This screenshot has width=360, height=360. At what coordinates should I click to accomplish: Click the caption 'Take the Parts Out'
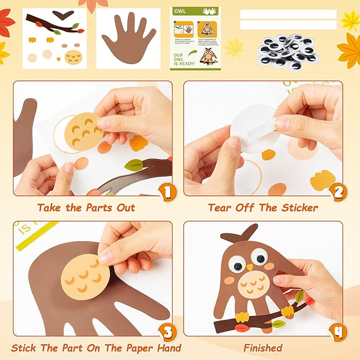pyautogui.click(x=86, y=208)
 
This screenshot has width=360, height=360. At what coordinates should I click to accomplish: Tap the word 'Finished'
pyautogui.click(x=263, y=348)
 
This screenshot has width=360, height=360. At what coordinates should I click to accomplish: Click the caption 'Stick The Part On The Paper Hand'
pyautogui.click(x=96, y=348)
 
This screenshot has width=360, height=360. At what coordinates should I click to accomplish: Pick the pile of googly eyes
pyautogui.click(x=288, y=51)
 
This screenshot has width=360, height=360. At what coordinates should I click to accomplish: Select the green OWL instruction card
pyautogui.click(x=194, y=38)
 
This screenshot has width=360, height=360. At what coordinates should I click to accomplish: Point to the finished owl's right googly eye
pyautogui.click(x=259, y=257)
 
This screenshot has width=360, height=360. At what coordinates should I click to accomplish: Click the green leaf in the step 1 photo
pyautogui.click(x=133, y=165)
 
